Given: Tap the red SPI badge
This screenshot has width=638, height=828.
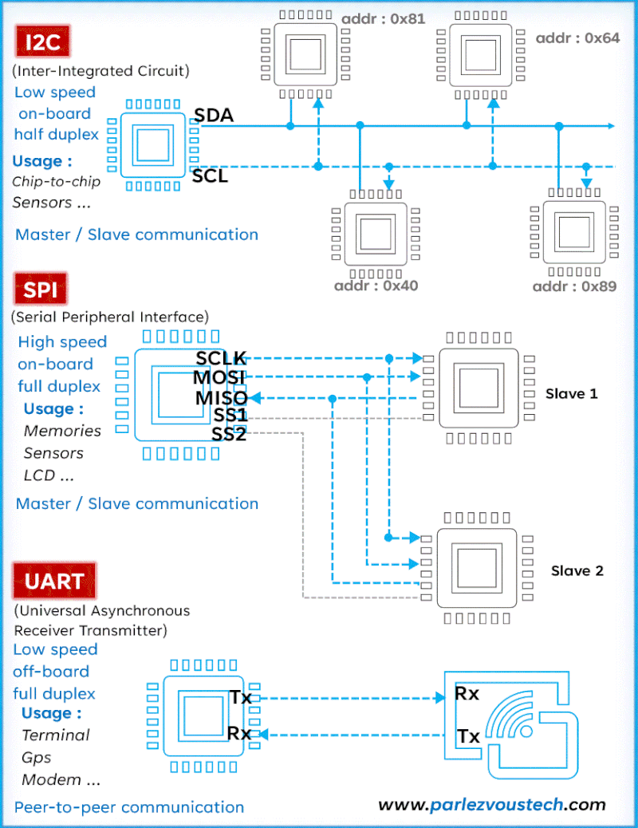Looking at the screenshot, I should click(40, 290).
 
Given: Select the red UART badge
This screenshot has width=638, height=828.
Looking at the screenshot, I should click(54, 581).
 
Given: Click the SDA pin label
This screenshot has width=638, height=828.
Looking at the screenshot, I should click(214, 116).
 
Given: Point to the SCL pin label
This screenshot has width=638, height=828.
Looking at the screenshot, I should click(210, 176).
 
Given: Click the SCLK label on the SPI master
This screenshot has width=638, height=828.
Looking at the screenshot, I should click(222, 358).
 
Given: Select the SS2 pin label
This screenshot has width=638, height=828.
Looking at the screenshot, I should click(229, 434).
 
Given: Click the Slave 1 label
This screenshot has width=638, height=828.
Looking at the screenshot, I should click(571, 393).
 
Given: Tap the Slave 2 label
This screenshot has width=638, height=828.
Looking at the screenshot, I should click(577, 570).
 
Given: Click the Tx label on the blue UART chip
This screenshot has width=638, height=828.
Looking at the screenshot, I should click(240, 697).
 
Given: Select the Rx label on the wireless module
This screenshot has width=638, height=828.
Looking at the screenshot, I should click(467, 693).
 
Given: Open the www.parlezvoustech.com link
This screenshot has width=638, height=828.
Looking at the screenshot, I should click(491, 804).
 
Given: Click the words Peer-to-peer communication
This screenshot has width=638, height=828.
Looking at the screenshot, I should click(129, 806).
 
